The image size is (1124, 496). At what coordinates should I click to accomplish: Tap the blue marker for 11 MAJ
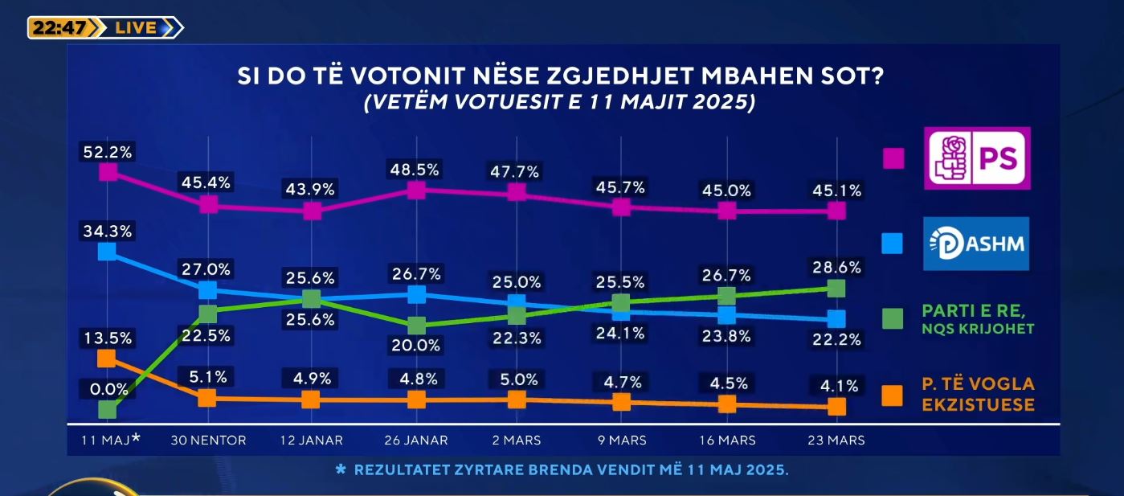[x=107, y=252]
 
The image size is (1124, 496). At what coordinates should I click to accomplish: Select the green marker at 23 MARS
[x=836, y=288]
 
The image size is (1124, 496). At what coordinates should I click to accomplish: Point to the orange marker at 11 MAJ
[x=106, y=358]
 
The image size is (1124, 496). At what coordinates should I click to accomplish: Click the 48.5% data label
[x=415, y=170]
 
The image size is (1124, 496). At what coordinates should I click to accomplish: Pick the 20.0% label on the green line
[x=415, y=345]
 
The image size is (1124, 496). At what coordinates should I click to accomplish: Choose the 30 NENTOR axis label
[x=209, y=441]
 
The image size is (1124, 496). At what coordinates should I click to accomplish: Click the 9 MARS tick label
[x=621, y=441]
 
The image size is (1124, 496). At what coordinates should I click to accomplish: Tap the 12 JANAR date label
[x=313, y=441]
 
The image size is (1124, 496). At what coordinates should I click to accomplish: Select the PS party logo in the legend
[x=977, y=158]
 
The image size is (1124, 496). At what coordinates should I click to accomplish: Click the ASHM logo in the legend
[x=977, y=244]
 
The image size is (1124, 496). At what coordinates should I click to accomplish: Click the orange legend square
[x=893, y=395]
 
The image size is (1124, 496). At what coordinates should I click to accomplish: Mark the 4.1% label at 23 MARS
[x=837, y=386]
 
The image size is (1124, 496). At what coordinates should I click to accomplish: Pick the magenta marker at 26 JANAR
[x=415, y=191]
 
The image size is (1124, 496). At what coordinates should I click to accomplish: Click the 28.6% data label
[x=837, y=268]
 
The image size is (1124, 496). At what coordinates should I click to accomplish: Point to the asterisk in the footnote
[x=340, y=469]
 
